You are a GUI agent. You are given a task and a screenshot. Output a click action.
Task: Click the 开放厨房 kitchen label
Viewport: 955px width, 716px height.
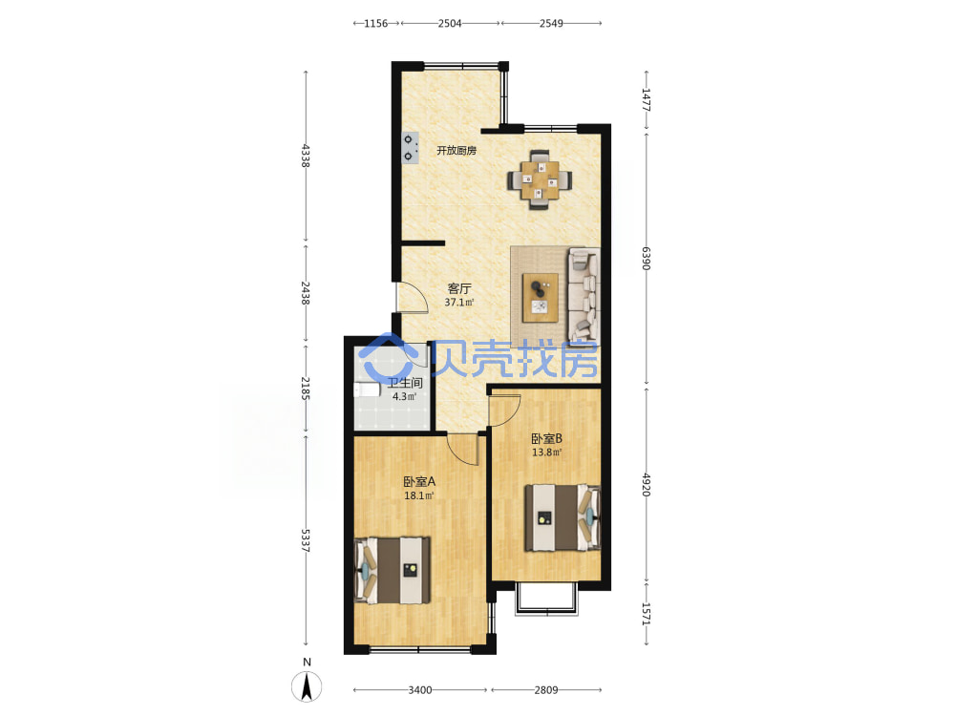[456, 151]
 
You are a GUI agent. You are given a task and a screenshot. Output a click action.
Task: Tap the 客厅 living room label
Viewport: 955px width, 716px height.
[459, 288]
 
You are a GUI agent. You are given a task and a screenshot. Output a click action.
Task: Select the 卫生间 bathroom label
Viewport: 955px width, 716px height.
[405, 383]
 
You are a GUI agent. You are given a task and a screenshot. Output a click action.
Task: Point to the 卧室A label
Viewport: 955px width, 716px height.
[419, 481]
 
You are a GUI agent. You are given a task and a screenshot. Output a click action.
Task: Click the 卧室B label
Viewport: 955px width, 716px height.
[546, 438]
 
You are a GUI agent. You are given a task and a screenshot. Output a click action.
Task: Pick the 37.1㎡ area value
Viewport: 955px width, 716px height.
[459, 302]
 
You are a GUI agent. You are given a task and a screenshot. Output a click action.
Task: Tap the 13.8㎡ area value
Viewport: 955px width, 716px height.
[546, 453]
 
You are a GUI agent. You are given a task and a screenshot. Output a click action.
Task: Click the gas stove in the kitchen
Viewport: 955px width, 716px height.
[410, 148]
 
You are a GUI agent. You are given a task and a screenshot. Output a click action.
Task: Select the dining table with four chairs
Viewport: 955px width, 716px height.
[540, 179]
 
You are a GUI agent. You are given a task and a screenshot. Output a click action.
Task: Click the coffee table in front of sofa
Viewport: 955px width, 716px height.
[541, 298]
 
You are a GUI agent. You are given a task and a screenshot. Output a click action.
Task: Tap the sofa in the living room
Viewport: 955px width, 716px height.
[584, 295]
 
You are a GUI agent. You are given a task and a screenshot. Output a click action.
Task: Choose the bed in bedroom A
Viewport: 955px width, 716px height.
[393, 570]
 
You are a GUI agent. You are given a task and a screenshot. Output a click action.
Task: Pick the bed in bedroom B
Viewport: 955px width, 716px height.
[562, 517]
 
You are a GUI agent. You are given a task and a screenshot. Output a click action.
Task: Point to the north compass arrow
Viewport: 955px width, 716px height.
[307, 687]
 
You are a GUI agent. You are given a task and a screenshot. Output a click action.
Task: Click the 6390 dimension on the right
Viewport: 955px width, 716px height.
[647, 258]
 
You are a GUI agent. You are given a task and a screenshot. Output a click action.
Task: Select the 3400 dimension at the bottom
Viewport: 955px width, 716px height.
[419, 690]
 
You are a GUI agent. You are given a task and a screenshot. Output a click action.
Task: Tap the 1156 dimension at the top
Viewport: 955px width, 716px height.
[375, 23]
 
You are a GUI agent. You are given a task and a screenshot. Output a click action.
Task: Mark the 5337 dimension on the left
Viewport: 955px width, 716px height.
[306, 540]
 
